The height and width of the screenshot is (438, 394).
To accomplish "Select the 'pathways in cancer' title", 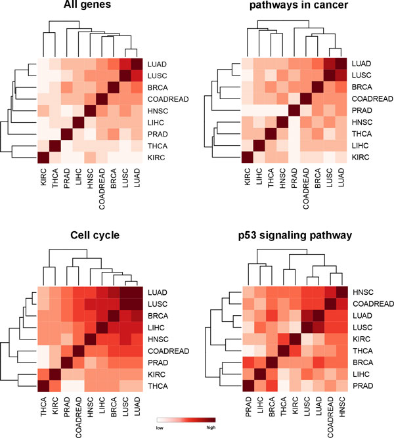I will pyautogui.click(x=298, y=7).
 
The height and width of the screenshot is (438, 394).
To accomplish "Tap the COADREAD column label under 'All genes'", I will pyautogui.click(x=102, y=189).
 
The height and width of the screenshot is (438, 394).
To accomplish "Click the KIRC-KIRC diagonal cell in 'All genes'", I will pyautogui.click(x=45, y=158).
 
